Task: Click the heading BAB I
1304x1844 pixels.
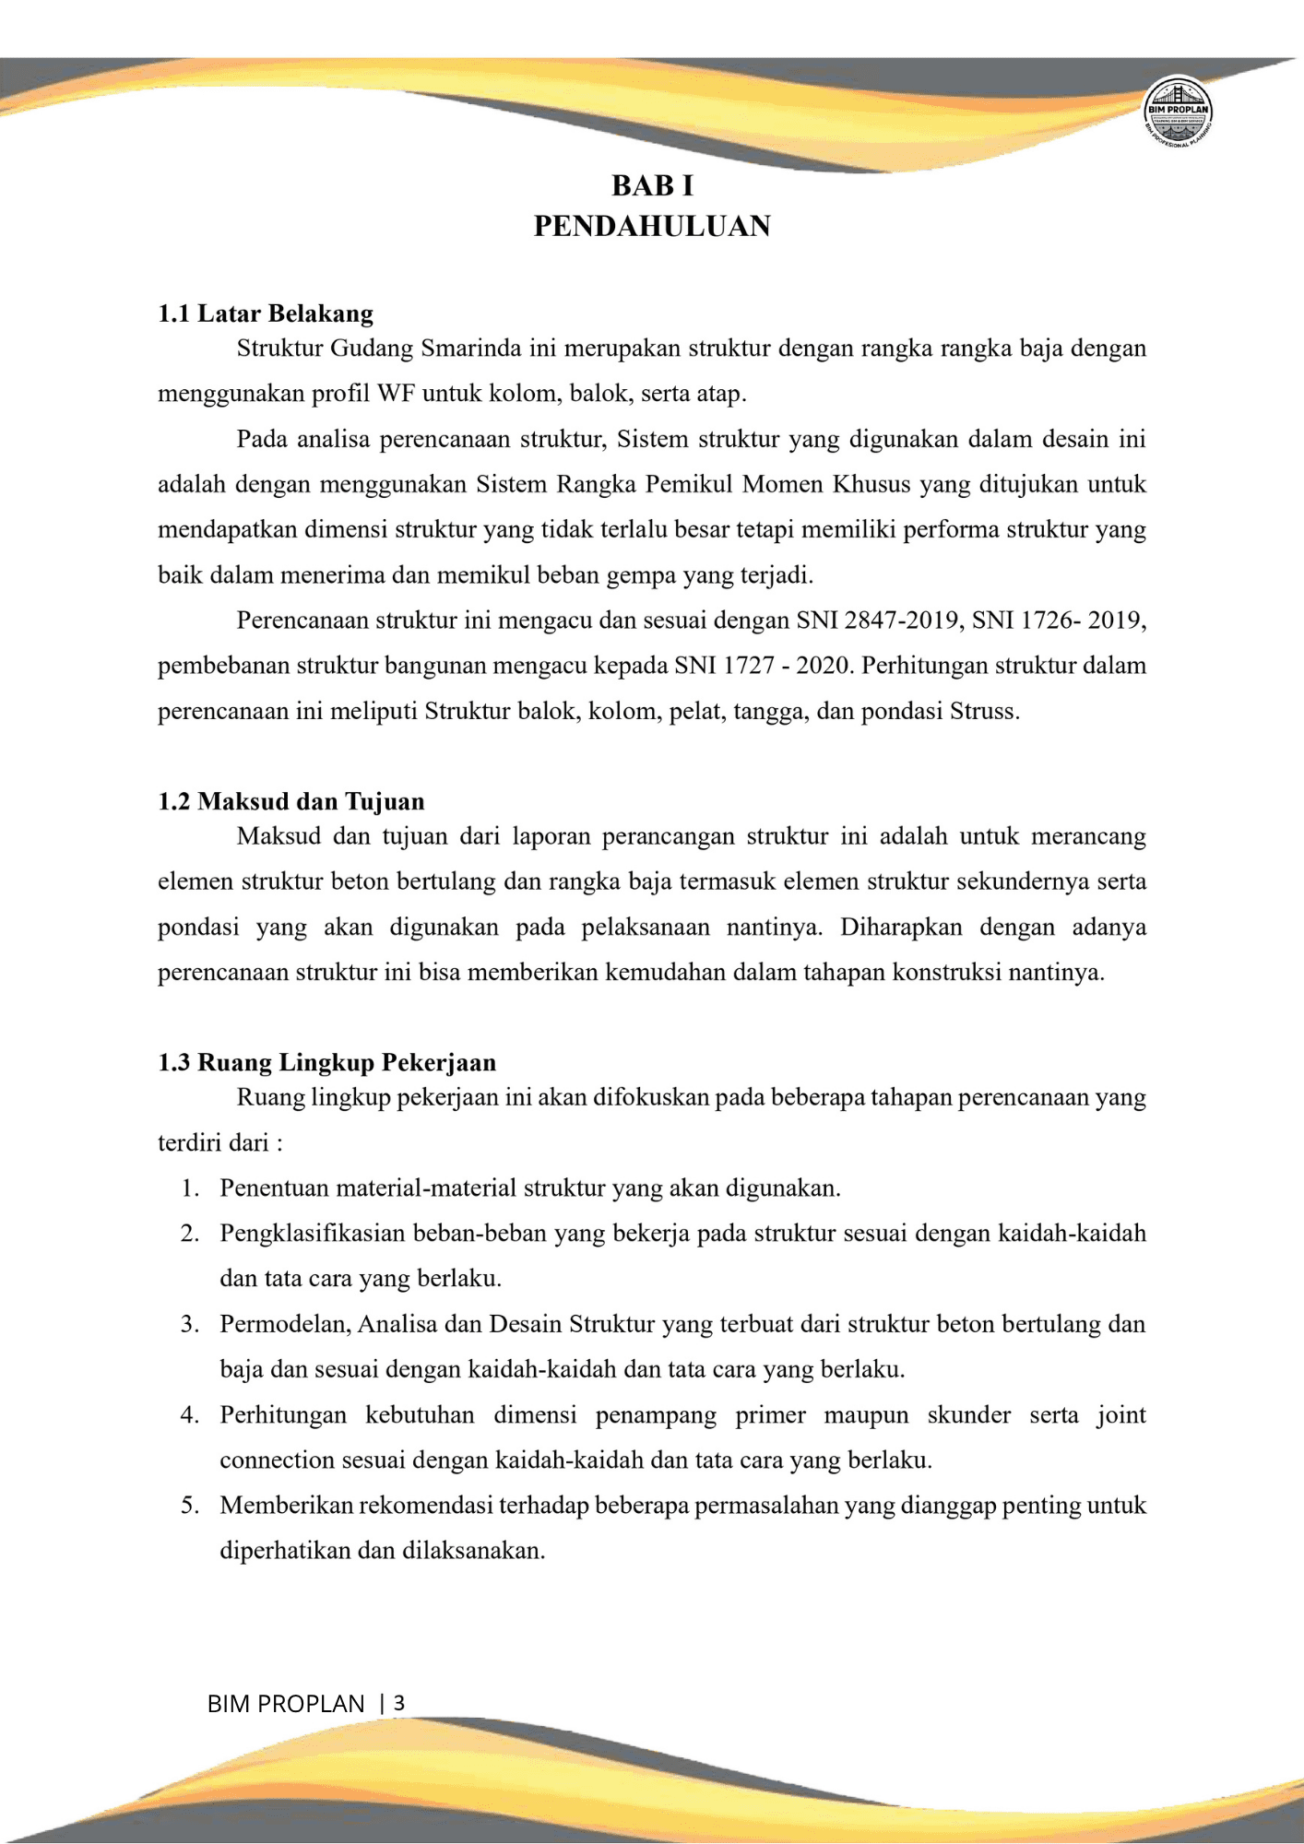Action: (x=652, y=186)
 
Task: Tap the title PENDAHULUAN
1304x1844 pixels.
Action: (x=652, y=227)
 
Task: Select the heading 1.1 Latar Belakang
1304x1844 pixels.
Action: (x=266, y=314)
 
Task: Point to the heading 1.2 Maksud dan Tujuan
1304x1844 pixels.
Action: (x=291, y=801)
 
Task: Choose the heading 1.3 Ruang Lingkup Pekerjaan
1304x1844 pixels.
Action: (x=327, y=1063)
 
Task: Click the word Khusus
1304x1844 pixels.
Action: (x=871, y=485)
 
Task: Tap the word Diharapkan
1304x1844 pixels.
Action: (x=900, y=927)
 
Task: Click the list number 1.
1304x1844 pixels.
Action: (x=190, y=1188)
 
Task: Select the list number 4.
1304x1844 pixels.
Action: (x=190, y=1415)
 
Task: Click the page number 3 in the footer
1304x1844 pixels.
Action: (x=398, y=1703)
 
